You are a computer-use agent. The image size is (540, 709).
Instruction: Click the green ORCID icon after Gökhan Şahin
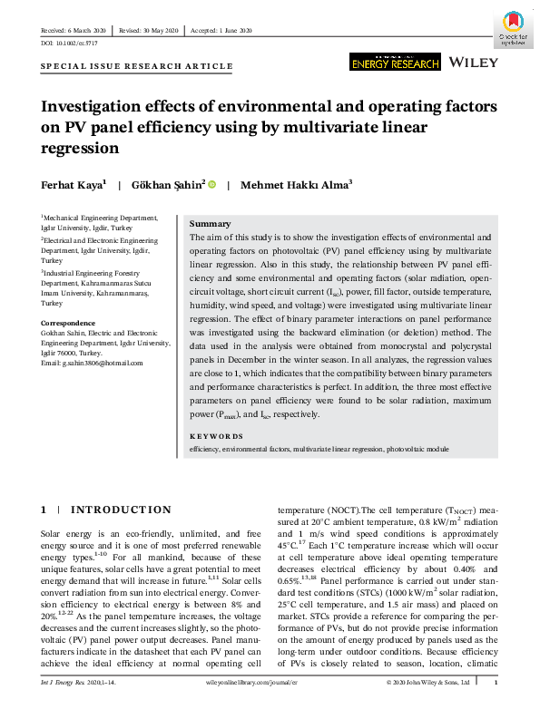tap(212, 184)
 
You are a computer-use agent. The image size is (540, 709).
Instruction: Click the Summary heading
tap(210, 224)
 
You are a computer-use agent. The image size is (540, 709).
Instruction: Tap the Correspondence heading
tap(70, 323)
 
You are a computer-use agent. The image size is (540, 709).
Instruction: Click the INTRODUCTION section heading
tap(120, 510)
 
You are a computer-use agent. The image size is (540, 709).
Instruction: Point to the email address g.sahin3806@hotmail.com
tap(92, 364)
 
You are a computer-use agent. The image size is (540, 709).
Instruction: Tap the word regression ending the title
tap(81, 148)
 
